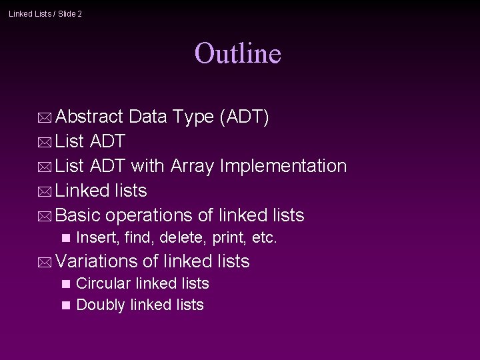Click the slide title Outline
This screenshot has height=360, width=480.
(238, 53)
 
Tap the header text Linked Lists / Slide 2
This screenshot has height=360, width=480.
(45, 13)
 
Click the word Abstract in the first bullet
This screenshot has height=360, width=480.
(89, 117)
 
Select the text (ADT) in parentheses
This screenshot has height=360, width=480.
(244, 117)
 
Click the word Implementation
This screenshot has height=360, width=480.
(283, 166)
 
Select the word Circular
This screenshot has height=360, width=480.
(103, 283)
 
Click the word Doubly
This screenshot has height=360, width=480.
(101, 305)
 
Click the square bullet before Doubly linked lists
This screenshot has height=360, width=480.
(65, 305)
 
